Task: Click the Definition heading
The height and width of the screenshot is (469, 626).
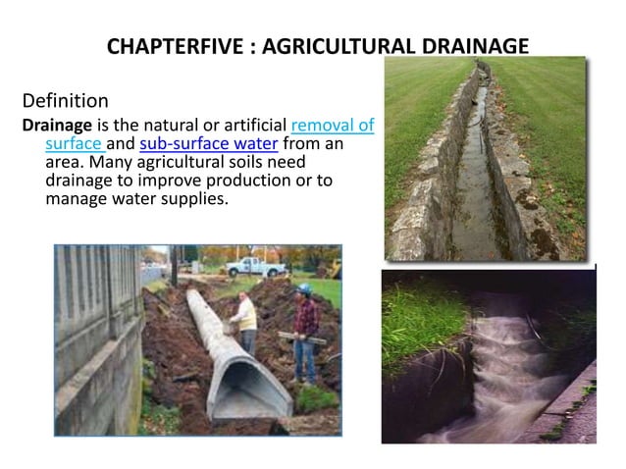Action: pyautogui.click(x=65, y=100)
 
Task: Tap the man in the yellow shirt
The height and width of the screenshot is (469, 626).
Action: pyautogui.click(x=247, y=324)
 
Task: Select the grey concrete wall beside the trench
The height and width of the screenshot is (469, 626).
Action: pyautogui.click(x=93, y=334)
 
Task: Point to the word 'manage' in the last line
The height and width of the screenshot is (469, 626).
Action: pyautogui.click(x=76, y=199)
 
